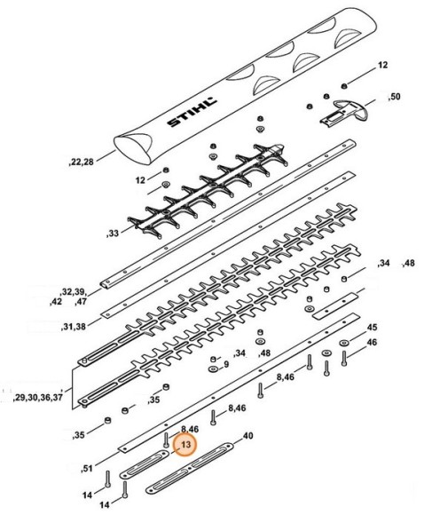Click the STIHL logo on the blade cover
click(x=192, y=112)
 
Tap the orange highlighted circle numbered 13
click(x=185, y=444)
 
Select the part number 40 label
click(x=248, y=436)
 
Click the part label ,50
click(x=394, y=97)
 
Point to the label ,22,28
click(x=81, y=162)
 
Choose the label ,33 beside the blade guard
click(x=113, y=234)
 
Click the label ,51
click(x=87, y=468)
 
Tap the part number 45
click(x=372, y=327)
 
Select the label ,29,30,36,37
click(x=37, y=398)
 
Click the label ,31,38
click(x=73, y=327)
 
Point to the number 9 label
click(x=226, y=364)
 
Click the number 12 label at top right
click(x=382, y=65)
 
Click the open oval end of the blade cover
click(x=133, y=148)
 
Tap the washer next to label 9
click(x=213, y=369)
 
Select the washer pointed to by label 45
click(x=344, y=343)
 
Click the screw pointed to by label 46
click(x=344, y=359)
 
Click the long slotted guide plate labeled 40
click(x=190, y=467)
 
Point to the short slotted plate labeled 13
click(x=144, y=464)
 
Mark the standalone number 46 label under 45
click(x=372, y=342)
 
